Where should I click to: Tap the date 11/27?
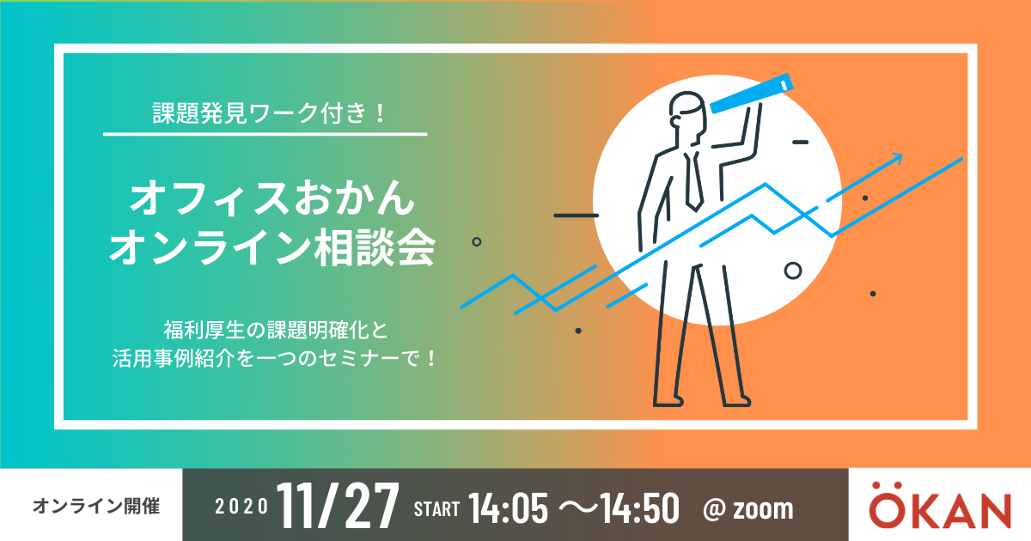coord(338,506)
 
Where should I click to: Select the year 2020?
coord(241,507)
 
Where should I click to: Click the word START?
coord(436,509)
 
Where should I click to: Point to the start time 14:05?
coord(508,508)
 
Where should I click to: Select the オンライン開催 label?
coord(96,506)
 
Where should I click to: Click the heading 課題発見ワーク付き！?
coord(269,113)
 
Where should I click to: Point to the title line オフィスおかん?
coord(272,198)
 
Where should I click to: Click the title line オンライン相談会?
coord(272,248)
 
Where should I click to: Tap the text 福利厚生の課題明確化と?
coord(276,330)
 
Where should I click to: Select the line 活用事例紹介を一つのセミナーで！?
coord(274,358)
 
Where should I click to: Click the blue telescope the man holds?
coord(751,94)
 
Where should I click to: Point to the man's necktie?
coord(693,181)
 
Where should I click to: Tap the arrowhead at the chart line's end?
coord(897,158)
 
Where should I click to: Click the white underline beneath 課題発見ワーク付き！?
coord(265,134)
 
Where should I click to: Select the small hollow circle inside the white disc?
coord(792,271)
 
